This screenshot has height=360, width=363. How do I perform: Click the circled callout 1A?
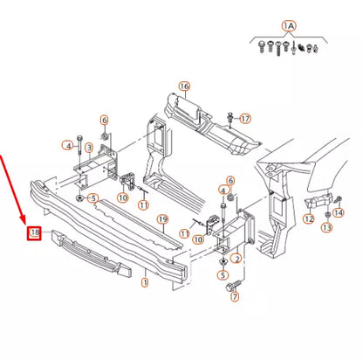pos(289,26)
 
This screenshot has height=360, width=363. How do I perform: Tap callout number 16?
pos(184,87)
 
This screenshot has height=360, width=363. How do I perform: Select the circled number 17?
pos(246,119)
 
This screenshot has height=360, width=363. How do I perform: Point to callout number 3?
pos(89,148)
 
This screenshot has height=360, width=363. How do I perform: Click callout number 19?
pos(162,219)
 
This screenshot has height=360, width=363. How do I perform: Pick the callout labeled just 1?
pos(145,282)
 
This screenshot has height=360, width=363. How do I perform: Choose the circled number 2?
pos(236,259)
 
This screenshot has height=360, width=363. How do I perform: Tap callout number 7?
pos(235,297)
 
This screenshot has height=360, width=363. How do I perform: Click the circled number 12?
pos(309,218)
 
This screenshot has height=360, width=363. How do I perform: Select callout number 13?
pos(327,227)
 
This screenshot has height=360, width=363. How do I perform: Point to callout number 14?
pos(339,212)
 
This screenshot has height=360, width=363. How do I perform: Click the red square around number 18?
pos(35,233)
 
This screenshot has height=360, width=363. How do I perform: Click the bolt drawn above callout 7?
pos(234,285)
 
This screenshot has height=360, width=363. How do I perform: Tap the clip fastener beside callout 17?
pos(230,119)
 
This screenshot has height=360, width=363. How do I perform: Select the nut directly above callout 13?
pos(327,215)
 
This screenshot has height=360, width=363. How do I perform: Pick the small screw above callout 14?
pos(339,200)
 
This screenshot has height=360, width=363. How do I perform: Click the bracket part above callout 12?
pos(318,200)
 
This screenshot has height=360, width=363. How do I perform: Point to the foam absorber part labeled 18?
pos(91,253)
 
